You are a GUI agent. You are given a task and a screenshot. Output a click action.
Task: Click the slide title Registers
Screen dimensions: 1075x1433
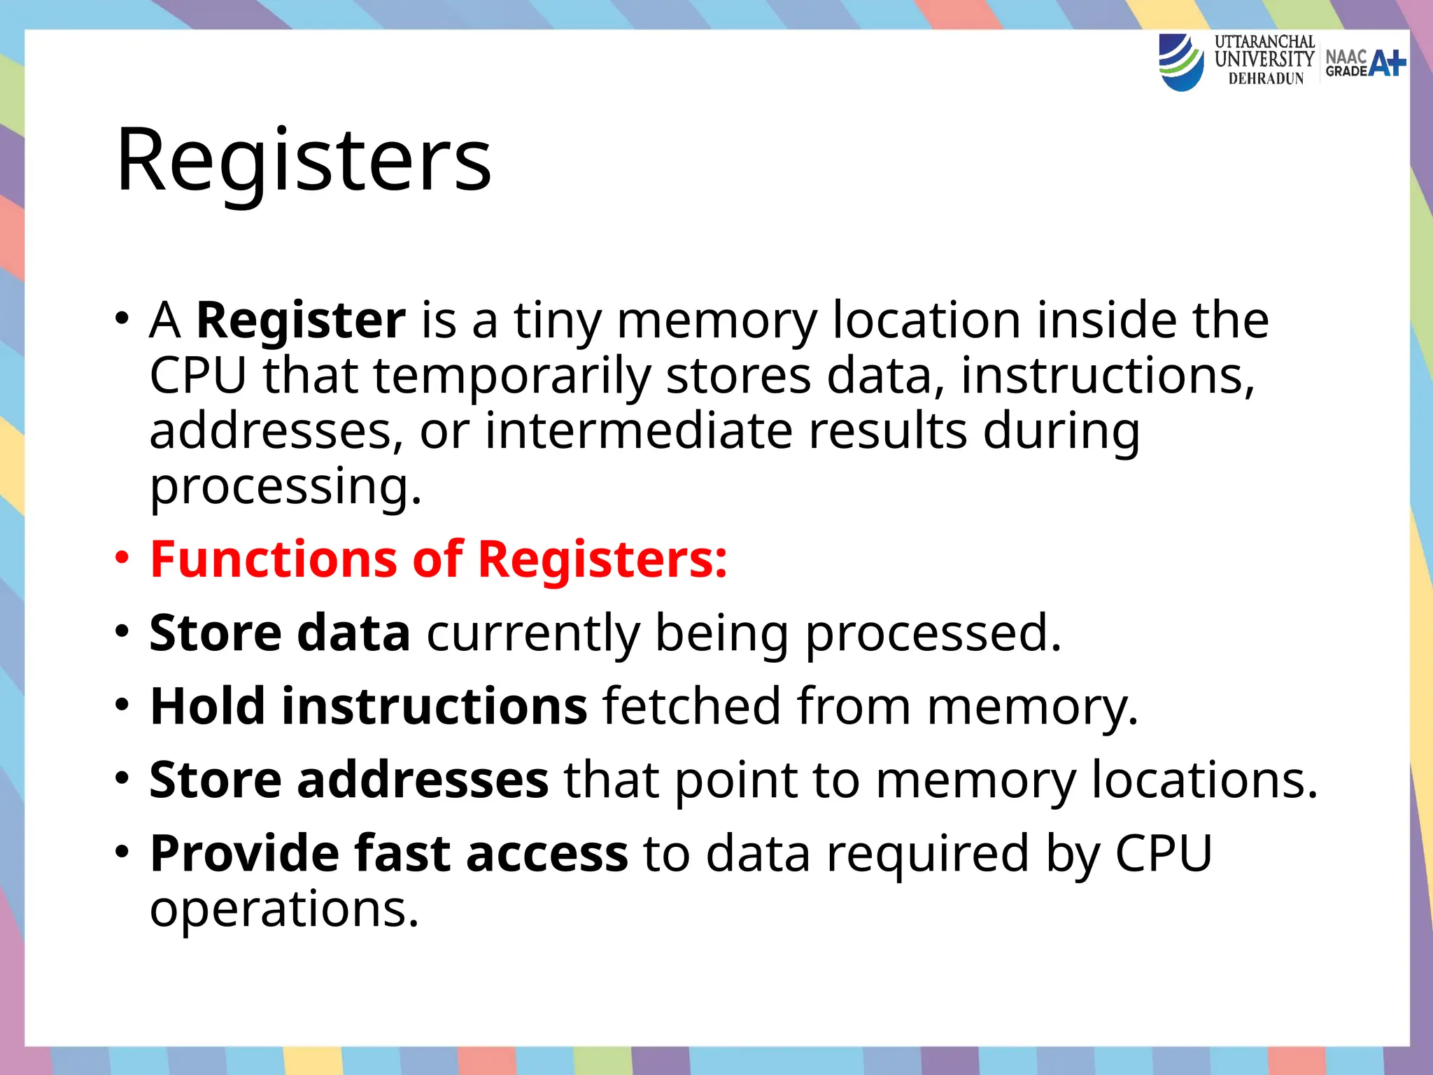[x=304, y=161]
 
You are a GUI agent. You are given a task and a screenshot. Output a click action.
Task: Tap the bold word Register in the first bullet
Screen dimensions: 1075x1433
[x=301, y=321]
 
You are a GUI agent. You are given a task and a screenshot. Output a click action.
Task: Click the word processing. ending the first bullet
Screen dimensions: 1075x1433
[x=285, y=487]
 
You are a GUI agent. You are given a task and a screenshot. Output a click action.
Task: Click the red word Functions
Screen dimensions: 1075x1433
[x=274, y=560]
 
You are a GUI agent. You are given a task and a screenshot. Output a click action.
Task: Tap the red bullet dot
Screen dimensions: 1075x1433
[x=122, y=558]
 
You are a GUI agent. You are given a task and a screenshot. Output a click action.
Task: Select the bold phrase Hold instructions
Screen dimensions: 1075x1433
[x=368, y=706]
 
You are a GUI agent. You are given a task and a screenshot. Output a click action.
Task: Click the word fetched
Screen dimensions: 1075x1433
[x=691, y=706]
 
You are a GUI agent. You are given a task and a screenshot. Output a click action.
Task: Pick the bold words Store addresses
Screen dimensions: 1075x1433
[x=348, y=780]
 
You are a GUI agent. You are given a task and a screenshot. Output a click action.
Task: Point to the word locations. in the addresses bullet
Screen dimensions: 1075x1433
[x=1204, y=780]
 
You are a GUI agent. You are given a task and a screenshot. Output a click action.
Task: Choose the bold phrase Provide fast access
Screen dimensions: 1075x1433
[x=389, y=854]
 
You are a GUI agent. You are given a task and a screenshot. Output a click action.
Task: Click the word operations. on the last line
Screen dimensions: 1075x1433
[x=284, y=910]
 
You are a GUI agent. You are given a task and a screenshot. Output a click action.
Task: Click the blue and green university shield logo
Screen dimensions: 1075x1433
[x=1181, y=63]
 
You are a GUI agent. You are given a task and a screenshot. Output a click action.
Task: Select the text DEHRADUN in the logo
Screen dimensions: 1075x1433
[x=1266, y=79]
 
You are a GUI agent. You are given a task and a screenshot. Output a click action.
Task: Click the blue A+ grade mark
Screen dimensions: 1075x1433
[x=1387, y=63]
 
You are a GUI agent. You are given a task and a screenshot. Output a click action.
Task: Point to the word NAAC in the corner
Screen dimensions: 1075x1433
[x=1346, y=56]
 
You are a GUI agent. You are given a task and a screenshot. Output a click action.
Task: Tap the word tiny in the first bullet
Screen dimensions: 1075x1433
[x=558, y=321]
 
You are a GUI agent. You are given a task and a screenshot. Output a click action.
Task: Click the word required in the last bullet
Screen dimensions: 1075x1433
[x=928, y=854]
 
